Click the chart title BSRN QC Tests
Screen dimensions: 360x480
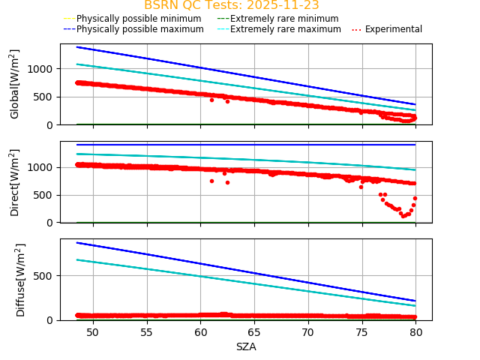(x=231, y=5)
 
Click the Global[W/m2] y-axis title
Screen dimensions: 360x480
(x=15, y=84)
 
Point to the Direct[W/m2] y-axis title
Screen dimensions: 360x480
(x=15, y=182)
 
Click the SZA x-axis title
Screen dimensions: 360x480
(x=246, y=346)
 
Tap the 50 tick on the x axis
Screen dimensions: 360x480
(x=93, y=331)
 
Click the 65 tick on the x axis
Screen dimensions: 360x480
(x=254, y=331)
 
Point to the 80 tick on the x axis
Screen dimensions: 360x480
(x=415, y=331)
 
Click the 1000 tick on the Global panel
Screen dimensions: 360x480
(x=43, y=68)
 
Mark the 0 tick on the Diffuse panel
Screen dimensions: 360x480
(x=52, y=320)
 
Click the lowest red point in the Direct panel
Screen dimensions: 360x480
(x=403, y=216)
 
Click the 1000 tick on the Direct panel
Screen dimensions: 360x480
(x=43, y=167)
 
